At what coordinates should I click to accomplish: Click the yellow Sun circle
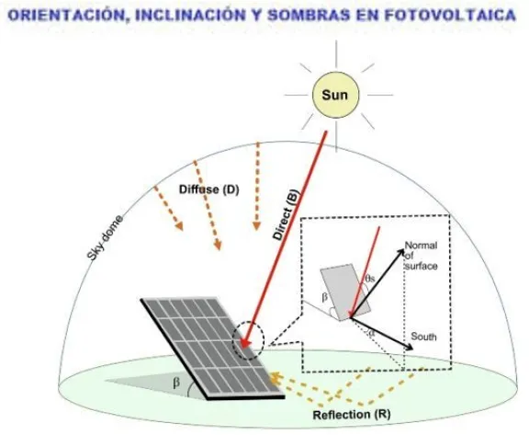[x=335, y=95]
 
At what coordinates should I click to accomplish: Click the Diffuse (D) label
[x=208, y=189]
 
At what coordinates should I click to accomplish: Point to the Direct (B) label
[x=287, y=215]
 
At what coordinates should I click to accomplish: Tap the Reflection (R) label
[x=352, y=415]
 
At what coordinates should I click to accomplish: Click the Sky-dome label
[x=105, y=238]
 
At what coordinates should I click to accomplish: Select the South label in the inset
[x=423, y=337]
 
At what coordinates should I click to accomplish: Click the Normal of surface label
[x=421, y=256]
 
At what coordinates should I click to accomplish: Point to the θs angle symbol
[x=370, y=279]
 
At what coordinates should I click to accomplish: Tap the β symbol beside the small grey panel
[x=324, y=298]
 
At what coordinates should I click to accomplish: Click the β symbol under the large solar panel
[x=176, y=383]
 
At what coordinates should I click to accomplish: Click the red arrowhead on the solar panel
[x=245, y=343]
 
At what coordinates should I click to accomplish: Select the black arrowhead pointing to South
[x=410, y=348]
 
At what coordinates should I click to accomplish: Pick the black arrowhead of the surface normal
[x=400, y=252]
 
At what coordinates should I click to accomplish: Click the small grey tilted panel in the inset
[x=345, y=292]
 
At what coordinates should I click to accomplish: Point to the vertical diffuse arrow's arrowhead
[x=256, y=226]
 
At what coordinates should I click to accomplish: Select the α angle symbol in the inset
[x=371, y=334]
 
